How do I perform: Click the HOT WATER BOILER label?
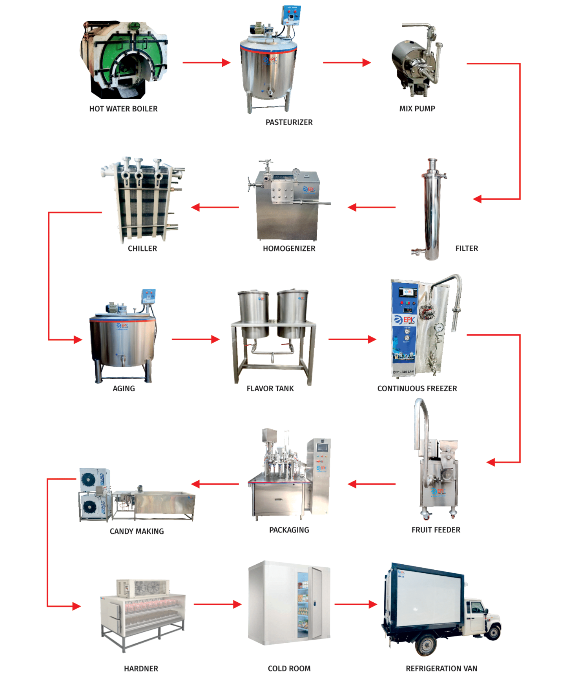(x=123, y=109)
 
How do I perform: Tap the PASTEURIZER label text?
(x=289, y=122)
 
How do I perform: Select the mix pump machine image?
(x=417, y=61)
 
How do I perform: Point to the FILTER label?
(x=466, y=248)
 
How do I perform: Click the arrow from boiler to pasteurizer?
(x=206, y=62)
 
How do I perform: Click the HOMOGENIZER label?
(x=289, y=248)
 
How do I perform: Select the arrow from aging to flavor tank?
(x=195, y=339)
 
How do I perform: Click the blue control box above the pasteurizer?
(x=291, y=15)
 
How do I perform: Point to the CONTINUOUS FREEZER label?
(x=417, y=388)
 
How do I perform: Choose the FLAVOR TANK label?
(x=270, y=388)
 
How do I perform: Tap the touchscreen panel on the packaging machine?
(x=322, y=447)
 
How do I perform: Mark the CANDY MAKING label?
(x=137, y=531)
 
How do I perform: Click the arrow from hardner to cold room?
(x=217, y=604)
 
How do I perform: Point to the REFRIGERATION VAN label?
(x=441, y=668)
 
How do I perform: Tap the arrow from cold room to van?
(x=356, y=604)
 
